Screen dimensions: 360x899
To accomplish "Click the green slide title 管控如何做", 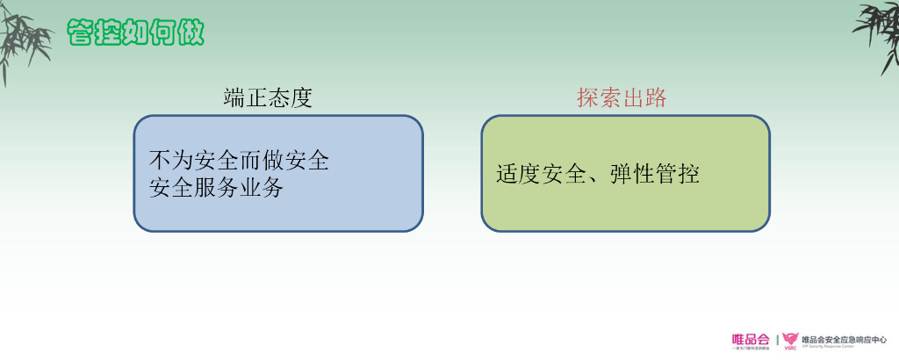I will click(x=136, y=32).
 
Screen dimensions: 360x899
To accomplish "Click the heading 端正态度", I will click(x=268, y=98).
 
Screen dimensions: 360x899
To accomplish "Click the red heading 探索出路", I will click(x=622, y=98).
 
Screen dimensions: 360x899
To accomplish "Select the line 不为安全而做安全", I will click(x=240, y=161).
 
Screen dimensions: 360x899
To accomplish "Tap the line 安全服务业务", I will click(x=217, y=187).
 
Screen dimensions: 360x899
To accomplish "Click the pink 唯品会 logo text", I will click(x=750, y=338).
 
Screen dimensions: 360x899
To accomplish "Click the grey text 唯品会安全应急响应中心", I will click(x=845, y=338).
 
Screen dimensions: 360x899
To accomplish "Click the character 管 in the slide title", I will click(x=81, y=32).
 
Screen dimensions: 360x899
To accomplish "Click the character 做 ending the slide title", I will click(x=191, y=32).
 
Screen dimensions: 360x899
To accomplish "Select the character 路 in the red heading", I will click(x=655, y=98).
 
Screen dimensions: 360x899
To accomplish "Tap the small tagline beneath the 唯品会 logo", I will click(x=750, y=348).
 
